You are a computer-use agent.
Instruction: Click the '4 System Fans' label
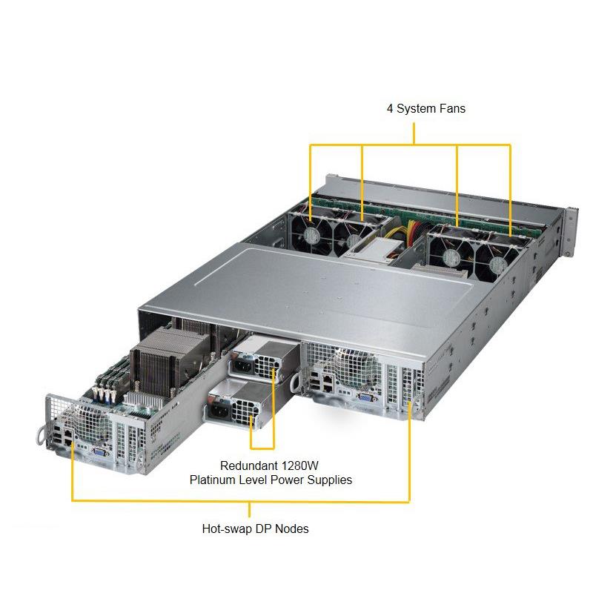425,108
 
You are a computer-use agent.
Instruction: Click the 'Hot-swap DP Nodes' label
255,529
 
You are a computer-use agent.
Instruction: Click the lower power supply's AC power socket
221,408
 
